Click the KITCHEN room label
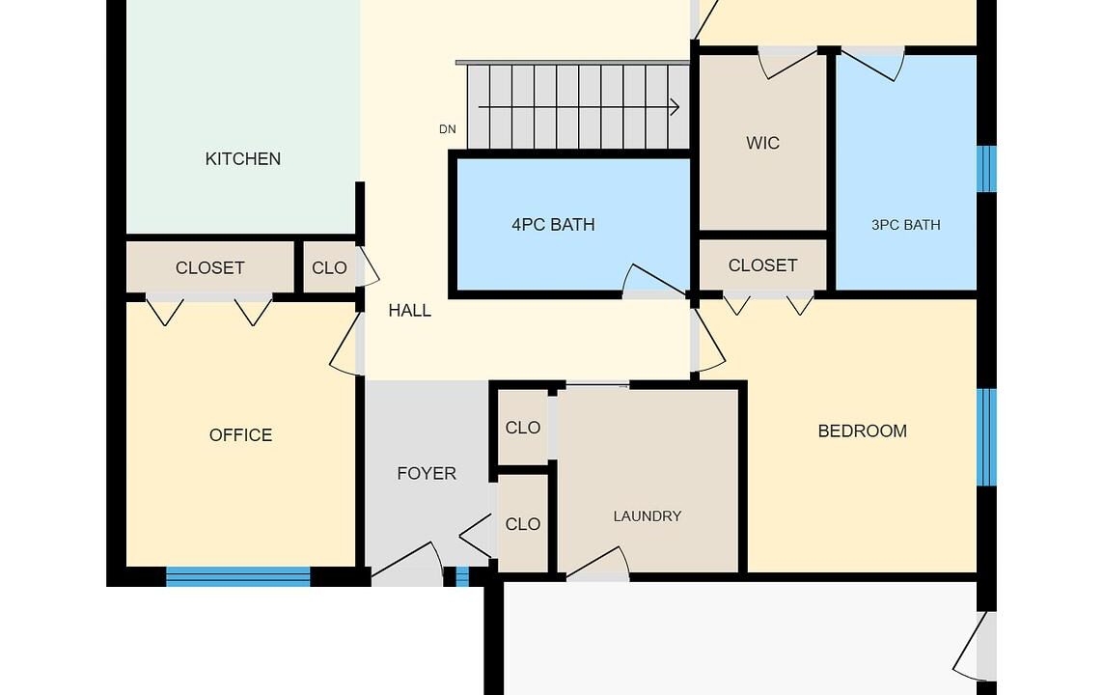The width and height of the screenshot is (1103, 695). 242,159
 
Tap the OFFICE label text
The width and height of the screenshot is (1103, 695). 240,435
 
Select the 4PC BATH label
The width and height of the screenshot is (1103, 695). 553,225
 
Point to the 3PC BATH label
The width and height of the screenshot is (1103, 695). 905,225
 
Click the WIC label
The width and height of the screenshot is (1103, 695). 762,144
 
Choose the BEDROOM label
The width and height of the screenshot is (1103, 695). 863,431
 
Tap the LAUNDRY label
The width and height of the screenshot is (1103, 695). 648,516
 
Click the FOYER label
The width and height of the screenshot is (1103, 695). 427,473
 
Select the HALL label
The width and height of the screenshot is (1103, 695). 409,310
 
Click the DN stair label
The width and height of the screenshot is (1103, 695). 448,129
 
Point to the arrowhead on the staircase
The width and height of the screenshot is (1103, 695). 675,107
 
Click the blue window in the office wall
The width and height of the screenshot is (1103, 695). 237,577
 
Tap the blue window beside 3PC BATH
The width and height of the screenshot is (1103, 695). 987,169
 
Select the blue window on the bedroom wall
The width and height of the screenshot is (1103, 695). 987,437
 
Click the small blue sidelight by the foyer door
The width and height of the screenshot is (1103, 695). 462,577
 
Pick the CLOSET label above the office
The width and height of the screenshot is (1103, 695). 209,268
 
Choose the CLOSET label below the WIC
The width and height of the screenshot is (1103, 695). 762,265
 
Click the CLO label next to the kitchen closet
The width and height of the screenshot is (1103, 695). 329,268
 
